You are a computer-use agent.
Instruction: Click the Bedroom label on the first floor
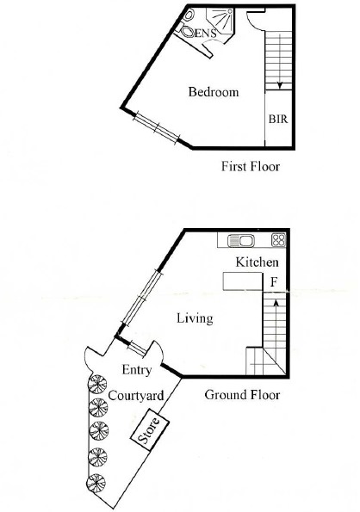pyautogui.click(x=213, y=92)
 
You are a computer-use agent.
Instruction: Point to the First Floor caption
pyautogui.click(x=251, y=166)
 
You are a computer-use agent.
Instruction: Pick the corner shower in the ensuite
pyautogui.click(x=222, y=20)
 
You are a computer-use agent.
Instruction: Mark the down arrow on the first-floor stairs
pyautogui.click(x=280, y=83)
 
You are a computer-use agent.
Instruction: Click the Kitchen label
pyautogui.click(x=256, y=261)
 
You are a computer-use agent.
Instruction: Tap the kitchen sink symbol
pyautogui.click(x=241, y=240)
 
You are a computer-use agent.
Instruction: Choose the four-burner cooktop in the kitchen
pyautogui.click(x=278, y=240)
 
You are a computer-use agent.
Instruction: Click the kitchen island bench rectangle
pyautogui.click(x=241, y=281)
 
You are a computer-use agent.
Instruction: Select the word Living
pyautogui.click(x=194, y=318)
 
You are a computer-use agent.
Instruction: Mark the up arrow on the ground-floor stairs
pyautogui.click(x=275, y=303)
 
